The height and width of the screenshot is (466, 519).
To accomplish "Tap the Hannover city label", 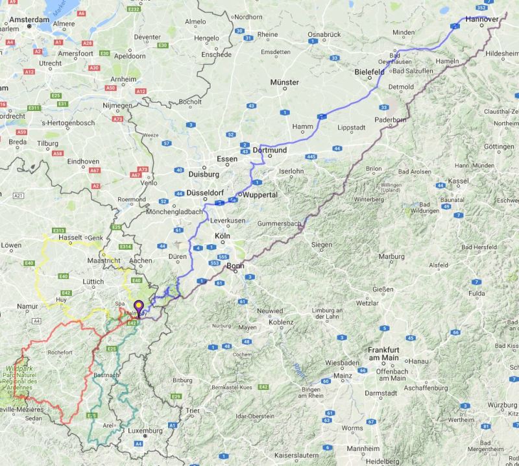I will tap(482, 20).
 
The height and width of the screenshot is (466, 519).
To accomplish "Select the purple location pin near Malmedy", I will tap(138, 307).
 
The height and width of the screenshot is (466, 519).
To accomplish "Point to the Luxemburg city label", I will tap(145, 431).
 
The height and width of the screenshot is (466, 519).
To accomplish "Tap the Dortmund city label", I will tap(269, 150).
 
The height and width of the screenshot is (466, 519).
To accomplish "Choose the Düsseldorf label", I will tap(205, 193).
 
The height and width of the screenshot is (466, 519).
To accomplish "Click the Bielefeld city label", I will tap(370, 72).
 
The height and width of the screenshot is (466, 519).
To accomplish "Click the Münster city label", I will tap(285, 82).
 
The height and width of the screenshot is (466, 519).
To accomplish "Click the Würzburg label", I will tap(503, 405).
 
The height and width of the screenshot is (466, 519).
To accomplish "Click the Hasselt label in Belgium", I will tap(69, 238).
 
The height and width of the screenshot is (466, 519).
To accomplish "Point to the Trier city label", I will tap(192, 411).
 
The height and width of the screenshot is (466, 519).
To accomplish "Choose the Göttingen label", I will tap(499, 146).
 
